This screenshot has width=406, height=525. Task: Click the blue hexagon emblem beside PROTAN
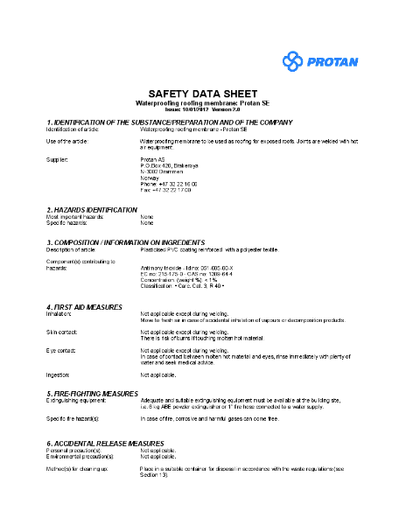point(292,60)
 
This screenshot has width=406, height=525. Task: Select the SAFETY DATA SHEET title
point(202,93)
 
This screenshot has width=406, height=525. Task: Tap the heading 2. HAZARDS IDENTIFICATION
point(92,210)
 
